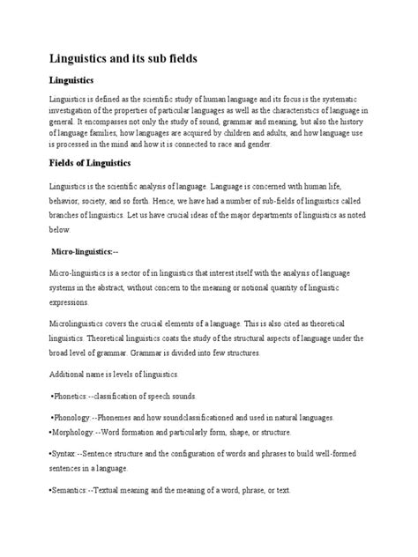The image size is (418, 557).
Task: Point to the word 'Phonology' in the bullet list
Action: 74,416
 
